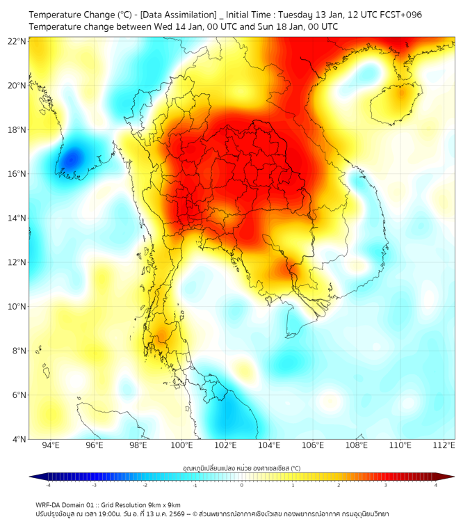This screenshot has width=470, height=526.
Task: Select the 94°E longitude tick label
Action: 51,445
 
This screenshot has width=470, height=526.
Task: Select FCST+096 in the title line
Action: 399,15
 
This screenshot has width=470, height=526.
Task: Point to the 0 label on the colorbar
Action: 241,485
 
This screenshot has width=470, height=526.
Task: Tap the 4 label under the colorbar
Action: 435,485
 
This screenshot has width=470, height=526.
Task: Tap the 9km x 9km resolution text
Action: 161,504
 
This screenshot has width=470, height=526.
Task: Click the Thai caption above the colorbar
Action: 241,468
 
